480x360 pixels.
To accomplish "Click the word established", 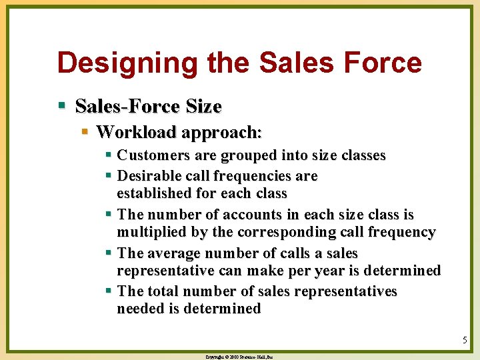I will click(154, 193).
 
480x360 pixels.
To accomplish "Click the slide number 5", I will click(465, 340).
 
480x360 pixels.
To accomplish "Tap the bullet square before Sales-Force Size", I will click(62, 105).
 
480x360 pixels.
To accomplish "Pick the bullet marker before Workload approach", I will click(85, 131).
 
